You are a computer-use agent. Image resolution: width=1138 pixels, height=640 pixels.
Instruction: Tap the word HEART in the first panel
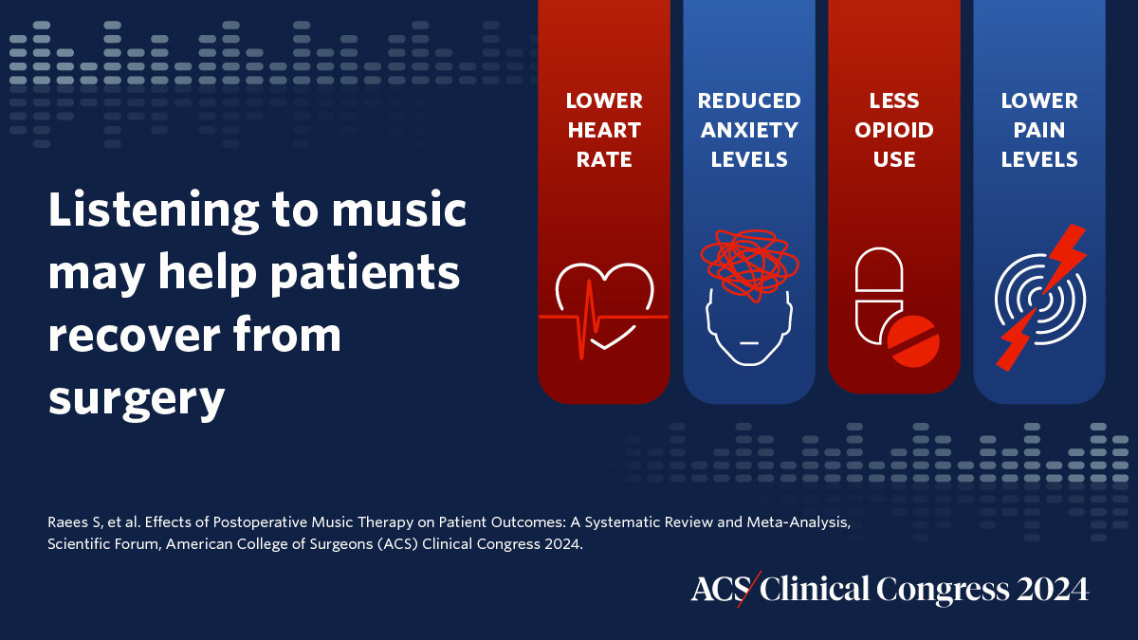click(x=604, y=130)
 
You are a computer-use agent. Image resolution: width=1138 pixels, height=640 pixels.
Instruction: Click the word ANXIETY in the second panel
click(x=749, y=130)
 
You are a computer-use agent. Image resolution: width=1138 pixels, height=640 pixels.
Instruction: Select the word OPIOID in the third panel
click(x=894, y=130)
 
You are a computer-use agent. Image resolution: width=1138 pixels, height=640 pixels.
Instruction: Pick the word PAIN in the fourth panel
click(x=1040, y=130)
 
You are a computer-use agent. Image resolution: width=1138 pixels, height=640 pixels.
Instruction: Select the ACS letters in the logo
click(x=714, y=589)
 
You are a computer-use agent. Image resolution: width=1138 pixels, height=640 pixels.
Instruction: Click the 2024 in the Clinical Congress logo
click(x=1053, y=589)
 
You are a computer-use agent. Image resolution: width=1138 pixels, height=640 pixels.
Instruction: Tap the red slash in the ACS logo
click(x=748, y=589)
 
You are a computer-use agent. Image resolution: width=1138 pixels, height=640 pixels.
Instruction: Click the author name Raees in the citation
click(x=66, y=524)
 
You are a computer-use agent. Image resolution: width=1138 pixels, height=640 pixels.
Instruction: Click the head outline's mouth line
click(x=748, y=340)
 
